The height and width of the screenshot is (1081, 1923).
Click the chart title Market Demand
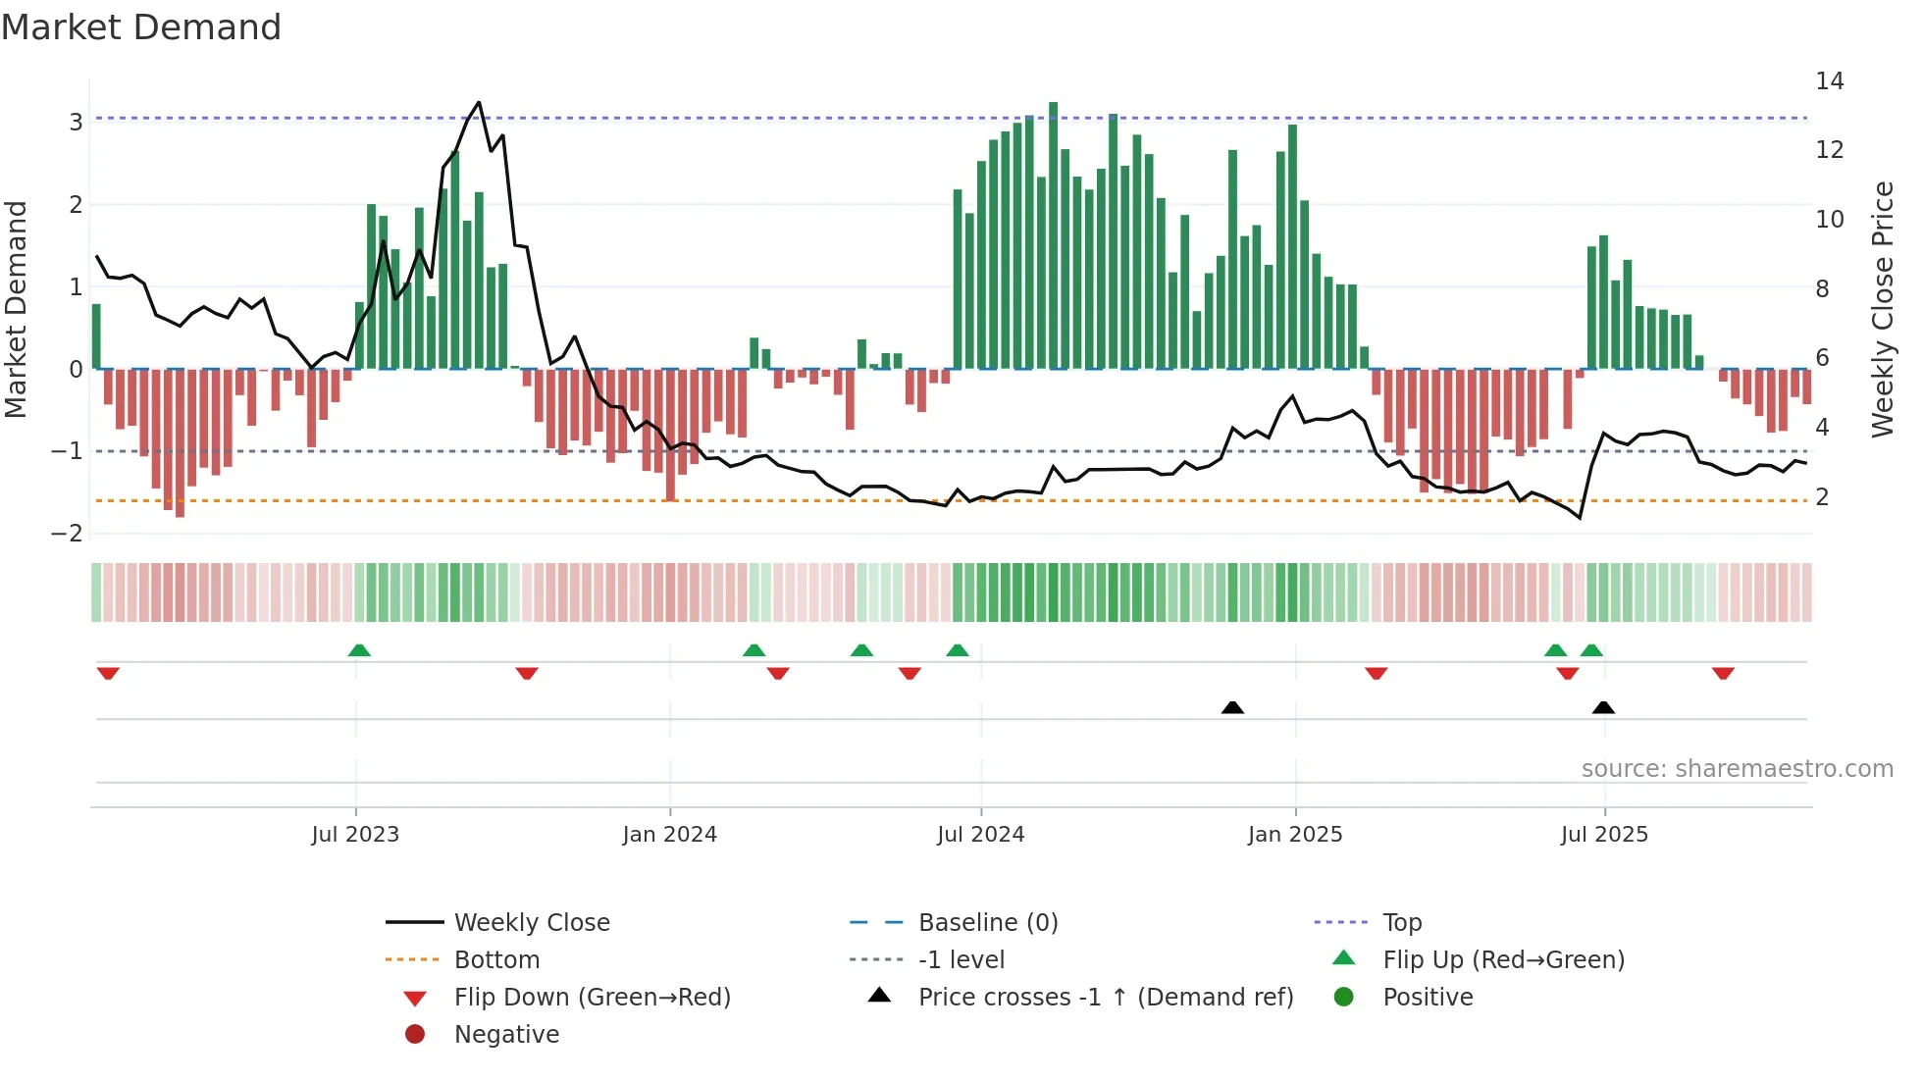pos(141,27)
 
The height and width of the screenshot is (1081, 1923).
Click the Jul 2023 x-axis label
pos(355,835)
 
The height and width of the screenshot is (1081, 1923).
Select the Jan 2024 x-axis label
pos(670,835)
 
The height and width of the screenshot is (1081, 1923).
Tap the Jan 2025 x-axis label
pos(1295,835)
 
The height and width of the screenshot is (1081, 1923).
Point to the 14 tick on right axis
pos(1829,81)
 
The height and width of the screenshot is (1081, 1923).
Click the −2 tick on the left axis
pos(68,534)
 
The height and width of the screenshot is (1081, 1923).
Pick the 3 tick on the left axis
pos(76,123)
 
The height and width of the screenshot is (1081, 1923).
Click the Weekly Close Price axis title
pos(1882,309)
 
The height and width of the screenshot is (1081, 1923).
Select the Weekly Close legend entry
pos(531,923)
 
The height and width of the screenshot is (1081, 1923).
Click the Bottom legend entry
pos(496,960)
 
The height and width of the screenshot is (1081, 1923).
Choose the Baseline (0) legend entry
pos(987,923)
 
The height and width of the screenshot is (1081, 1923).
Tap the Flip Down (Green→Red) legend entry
pos(592,998)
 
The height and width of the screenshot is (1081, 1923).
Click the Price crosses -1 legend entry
pos(1105,998)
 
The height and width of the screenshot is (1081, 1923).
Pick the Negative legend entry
pos(506,1035)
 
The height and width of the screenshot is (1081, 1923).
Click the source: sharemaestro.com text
pos(1737,769)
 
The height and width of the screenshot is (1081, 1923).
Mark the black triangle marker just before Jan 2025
pos(1232,707)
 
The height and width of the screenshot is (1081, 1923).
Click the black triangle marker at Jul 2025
pos(1603,707)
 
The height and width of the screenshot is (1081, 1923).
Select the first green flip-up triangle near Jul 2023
pos(359,650)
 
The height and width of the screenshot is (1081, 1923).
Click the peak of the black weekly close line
pos(479,102)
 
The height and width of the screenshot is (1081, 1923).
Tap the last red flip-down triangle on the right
pos(1723,673)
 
